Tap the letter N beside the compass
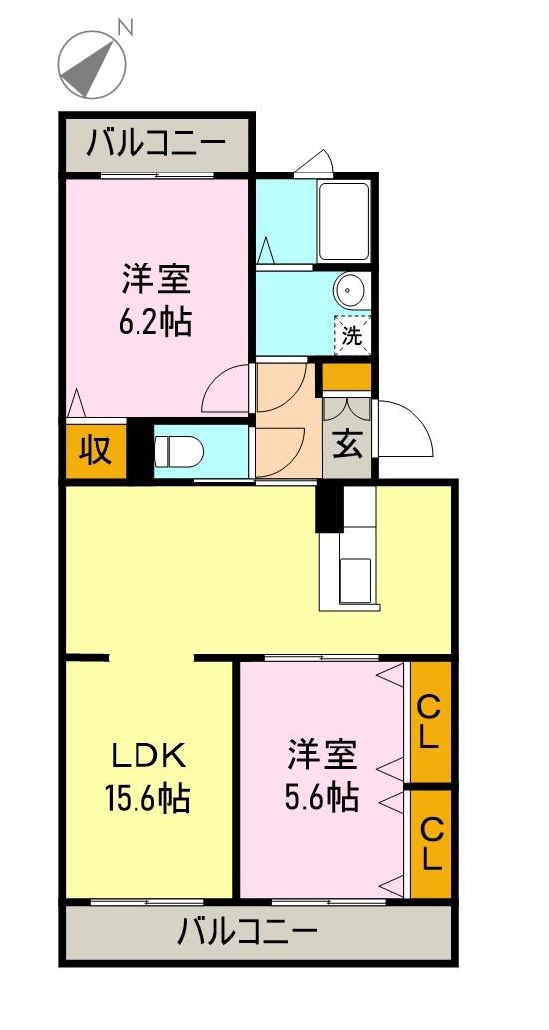[125, 27]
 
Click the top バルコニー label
[154, 145]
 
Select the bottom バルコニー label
[248, 933]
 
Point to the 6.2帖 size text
[156, 321]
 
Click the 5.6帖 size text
[323, 797]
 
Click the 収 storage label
[96, 451]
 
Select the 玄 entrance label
[346, 444]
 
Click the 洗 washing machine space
[353, 336]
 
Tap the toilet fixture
[179, 453]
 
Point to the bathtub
[345, 223]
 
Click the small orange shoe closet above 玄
[346, 377]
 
